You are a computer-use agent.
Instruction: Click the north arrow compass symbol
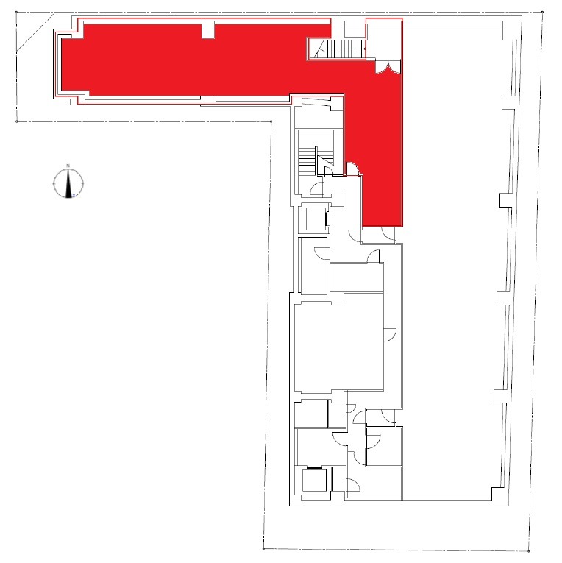[x=68, y=183]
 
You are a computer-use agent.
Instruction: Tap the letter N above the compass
[x=68, y=166]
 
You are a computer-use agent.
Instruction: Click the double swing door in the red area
[x=388, y=67]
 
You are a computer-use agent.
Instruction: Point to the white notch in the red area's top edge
[x=208, y=29]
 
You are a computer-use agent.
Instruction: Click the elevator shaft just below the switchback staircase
[x=316, y=219]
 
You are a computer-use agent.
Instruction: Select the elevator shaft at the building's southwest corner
[x=314, y=480]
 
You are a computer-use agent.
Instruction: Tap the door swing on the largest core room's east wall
[x=390, y=335]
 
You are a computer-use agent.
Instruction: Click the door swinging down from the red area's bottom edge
[x=388, y=234]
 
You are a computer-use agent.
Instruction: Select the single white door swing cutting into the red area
[x=352, y=169]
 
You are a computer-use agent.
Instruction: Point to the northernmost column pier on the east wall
[x=508, y=103]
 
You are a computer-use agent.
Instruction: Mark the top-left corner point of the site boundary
[x=17, y=13]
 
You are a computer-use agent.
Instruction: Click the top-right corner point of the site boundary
[x=542, y=13]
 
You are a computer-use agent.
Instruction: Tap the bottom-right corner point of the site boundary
[x=529, y=551]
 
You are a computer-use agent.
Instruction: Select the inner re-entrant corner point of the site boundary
[x=271, y=121]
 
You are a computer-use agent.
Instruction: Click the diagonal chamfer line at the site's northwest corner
[x=36, y=32]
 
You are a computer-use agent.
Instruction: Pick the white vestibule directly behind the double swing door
[x=384, y=40]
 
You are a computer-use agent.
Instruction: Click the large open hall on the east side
[x=452, y=258]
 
